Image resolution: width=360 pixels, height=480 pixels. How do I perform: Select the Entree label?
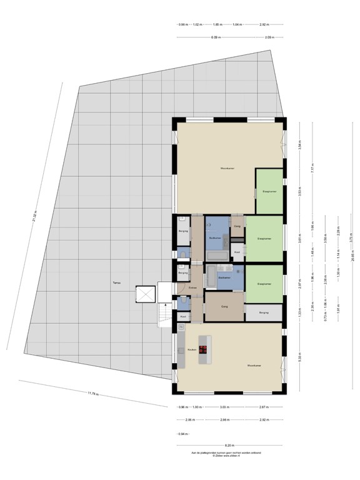[x=193, y=287]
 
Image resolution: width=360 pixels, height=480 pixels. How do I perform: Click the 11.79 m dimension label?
[x=93, y=393]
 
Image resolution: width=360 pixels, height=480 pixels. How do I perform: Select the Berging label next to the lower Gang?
[x=264, y=312]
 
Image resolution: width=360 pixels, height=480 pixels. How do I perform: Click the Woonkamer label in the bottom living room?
[x=253, y=366]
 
